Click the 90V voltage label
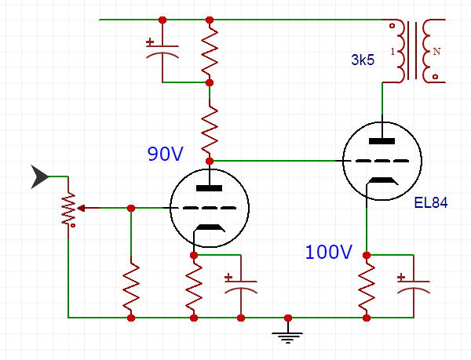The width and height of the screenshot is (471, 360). pos(165,154)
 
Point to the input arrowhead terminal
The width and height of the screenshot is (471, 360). pos(38,177)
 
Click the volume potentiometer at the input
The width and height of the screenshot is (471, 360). pos(69,209)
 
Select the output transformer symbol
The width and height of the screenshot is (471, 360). pos(414,51)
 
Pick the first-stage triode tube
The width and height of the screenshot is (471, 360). pos(210,208)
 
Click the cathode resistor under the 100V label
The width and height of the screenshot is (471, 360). pos(367,286)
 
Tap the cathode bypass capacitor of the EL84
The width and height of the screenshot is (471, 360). pos(413,285)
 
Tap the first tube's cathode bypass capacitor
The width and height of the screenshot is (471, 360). pos(240,285)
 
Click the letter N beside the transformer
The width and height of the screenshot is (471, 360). pos(437,52)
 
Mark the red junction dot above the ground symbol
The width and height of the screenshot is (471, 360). pos(288,318)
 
